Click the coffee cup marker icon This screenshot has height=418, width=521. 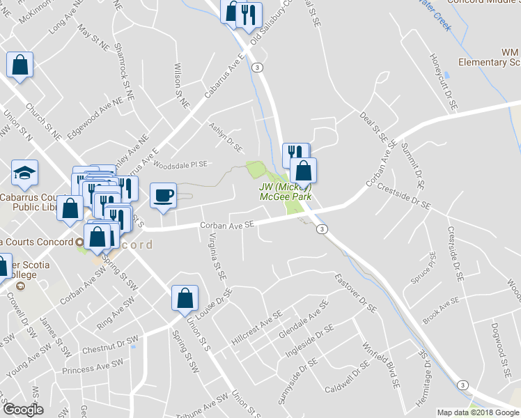(x=163, y=195)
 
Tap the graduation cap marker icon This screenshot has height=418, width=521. (x=25, y=173)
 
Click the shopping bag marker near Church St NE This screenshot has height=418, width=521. (x=20, y=65)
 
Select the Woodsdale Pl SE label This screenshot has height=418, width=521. (x=180, y=165)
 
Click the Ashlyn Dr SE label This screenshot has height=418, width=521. (x=226, y=137)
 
